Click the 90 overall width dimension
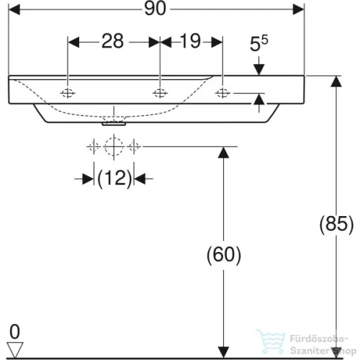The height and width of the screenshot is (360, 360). (155, 9)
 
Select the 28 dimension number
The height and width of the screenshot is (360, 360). (112, 41)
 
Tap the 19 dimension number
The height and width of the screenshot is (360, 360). (190, 41)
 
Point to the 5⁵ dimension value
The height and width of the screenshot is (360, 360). (259, 43)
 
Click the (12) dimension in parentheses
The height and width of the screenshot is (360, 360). (114, 179)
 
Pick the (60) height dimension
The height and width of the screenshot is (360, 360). (224, 255)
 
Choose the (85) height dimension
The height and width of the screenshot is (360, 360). (336, 224)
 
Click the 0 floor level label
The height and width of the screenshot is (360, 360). (14, 332)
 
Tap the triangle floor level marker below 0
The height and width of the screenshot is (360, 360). (15, 349)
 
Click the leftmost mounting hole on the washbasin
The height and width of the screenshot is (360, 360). (68, 93)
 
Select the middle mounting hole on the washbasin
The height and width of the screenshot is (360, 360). (160, 93)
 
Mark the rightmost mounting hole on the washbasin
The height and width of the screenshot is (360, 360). (222, 93)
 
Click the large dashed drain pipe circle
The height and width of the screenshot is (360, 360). (114, 146)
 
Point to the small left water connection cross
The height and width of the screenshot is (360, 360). (94, 146)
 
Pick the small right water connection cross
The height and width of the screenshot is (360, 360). (134, 146)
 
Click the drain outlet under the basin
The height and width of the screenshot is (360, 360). (114, 124)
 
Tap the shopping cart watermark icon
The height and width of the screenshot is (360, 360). (271, 341)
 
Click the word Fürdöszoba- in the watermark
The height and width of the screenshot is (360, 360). (319, 339)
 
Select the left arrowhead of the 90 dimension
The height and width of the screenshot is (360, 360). (14, 9)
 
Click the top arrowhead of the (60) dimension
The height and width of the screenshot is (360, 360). (223, 153)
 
